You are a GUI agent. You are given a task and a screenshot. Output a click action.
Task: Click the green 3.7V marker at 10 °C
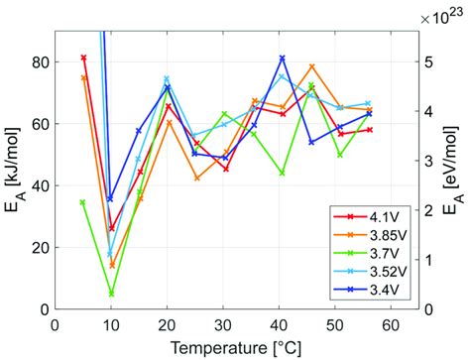click(x=111, y=295)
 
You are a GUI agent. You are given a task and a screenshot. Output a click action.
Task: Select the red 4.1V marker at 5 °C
click(x=84, y=58)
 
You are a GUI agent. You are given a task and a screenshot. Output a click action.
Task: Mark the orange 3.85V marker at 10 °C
click(x=112, y=266)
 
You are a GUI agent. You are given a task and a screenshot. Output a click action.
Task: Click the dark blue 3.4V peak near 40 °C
click(x=282, y=58)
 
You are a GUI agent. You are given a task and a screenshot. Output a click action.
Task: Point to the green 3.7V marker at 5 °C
click(x=83, y=202)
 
